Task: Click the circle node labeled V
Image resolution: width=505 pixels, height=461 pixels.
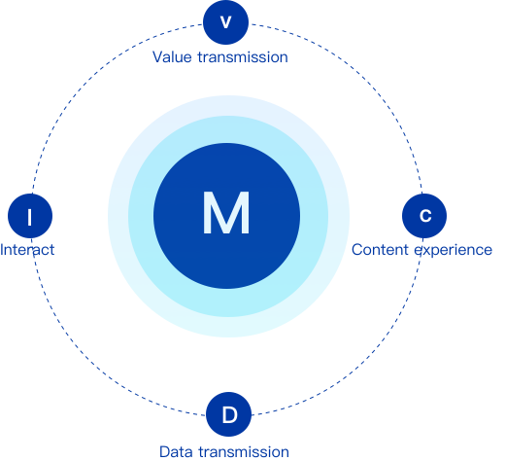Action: coord(225,22)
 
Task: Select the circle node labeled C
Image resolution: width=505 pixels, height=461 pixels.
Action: coord(424,216)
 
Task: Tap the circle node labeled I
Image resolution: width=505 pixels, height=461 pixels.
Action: coord(30,216)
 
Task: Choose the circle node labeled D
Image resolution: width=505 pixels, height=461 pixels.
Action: coord(228,414)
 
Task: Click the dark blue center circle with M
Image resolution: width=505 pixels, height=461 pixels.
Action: coord(226,216)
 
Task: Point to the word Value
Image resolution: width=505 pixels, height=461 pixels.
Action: coord(172,57)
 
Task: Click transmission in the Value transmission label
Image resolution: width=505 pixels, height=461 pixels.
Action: coord(243,57)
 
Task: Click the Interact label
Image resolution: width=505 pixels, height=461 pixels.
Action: coord(27,250)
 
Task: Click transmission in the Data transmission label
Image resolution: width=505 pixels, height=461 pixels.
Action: coord(244,451)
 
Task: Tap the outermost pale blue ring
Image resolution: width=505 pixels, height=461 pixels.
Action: coord(118,216)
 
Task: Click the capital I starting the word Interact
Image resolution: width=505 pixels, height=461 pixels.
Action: coord(2,250)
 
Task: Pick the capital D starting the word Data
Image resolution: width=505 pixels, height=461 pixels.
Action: coord(165,451)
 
